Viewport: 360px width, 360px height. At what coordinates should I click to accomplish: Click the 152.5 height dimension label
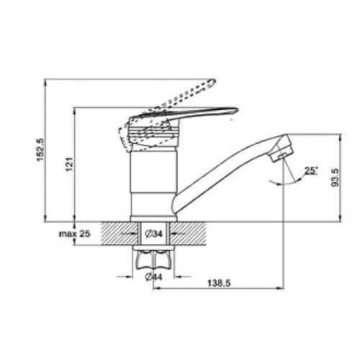[x=40, y=150]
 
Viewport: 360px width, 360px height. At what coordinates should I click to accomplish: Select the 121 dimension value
[x=70, y=164]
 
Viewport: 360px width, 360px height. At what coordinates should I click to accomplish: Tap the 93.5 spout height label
[x=335, y=177]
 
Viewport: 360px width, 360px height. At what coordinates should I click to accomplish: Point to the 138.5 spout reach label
[x=219, y=283]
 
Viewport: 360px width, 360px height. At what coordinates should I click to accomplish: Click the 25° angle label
[x=311, y=171]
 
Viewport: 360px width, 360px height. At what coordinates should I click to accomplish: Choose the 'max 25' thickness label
[x=75, y=233]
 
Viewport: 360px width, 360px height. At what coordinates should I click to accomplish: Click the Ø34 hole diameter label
[x=154, y=233]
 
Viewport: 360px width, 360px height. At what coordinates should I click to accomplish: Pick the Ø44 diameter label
[x=154, y=277]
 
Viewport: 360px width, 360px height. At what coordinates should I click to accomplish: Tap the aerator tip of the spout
[x=282, y=153]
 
